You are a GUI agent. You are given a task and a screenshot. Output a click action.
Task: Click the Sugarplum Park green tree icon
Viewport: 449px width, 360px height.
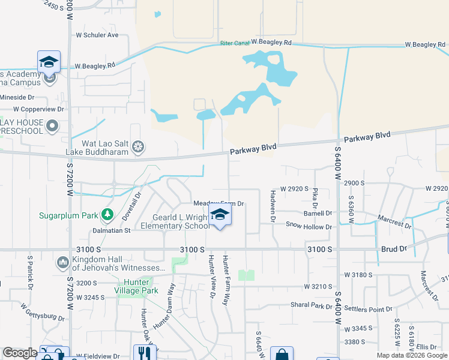tap(107, 214)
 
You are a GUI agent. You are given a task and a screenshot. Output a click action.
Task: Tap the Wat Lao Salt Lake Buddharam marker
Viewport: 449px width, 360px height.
tap(139, 146)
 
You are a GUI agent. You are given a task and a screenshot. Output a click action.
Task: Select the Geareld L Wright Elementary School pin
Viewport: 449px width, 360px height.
tap(220, 216)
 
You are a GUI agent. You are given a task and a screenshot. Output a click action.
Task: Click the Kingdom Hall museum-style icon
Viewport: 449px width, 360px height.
tap(62, 262)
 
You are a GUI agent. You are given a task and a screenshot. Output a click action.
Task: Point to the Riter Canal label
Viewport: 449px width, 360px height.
tap(234, 43)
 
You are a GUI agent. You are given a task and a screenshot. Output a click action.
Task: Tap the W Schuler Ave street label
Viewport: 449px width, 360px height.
tap(97, 35)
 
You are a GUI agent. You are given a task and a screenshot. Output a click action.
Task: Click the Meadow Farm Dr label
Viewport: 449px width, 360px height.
tap(217, 204)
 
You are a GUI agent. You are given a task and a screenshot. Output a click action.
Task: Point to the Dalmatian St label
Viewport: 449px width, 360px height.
tap(111, 230)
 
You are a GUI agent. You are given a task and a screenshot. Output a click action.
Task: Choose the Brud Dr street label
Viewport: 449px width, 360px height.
tap(394, 248)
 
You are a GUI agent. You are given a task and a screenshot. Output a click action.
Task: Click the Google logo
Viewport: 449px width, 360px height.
tap(20, 353)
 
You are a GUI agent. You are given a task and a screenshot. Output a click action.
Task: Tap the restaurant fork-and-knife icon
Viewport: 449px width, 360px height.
tap(144, 353)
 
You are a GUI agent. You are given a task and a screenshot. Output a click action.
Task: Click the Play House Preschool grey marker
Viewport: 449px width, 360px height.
tap(52, 127)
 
